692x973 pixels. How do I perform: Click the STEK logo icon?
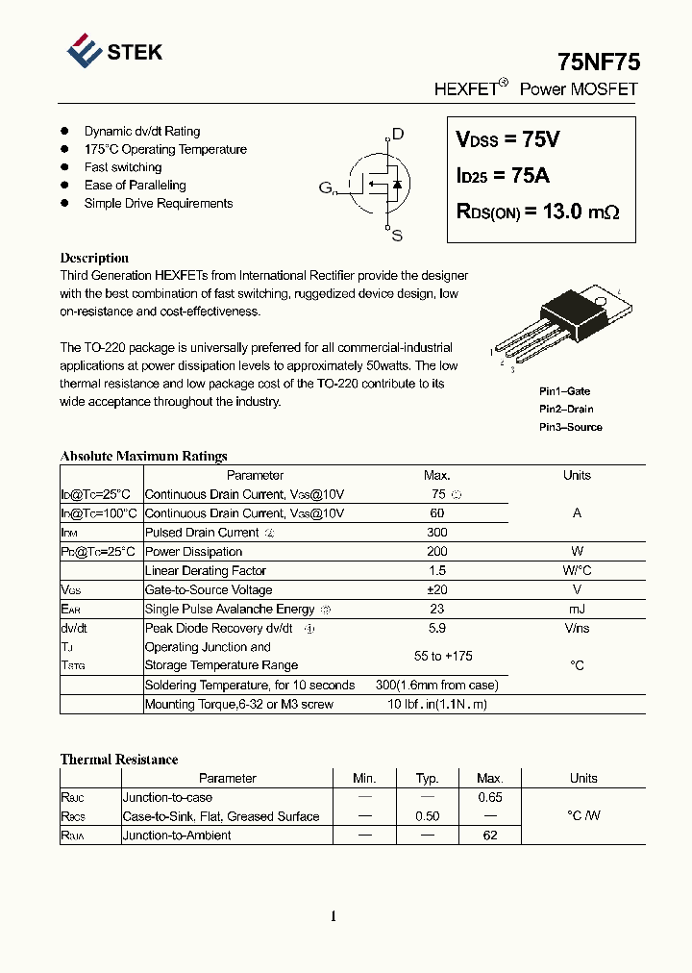(85, 51)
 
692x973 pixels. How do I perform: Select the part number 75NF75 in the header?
(598, 62)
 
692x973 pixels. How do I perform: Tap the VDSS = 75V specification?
(507, 140)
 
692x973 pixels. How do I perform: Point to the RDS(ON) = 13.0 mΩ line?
(537, 212)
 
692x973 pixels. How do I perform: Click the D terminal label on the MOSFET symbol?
(398, 135)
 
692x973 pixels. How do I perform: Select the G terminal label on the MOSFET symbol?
(326, 187)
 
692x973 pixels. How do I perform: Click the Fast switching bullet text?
(123, 167)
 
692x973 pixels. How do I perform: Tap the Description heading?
(94, 258)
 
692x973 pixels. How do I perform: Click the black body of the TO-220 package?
(568, 313)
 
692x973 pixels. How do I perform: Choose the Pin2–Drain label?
(566, 410)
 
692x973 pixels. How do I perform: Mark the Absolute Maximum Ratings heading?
(143, 457)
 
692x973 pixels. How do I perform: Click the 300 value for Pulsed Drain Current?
(436, 533)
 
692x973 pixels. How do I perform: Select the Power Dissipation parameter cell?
(193, 552)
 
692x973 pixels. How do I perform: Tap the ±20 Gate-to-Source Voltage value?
(436, 590)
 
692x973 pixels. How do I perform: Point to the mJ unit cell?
(577, 610)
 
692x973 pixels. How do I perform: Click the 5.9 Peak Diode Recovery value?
(436, 629)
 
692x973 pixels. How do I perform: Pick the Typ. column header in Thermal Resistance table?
(427, 779)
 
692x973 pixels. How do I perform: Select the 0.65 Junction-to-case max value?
(490, 798)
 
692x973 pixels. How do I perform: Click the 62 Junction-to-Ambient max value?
(490, 836)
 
